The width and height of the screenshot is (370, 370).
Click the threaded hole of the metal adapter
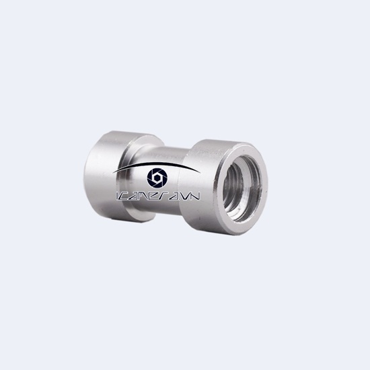coord(239,182)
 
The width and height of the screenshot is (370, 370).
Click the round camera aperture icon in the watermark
coord(157,178)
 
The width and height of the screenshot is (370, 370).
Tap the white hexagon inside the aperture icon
coord(157,178)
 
